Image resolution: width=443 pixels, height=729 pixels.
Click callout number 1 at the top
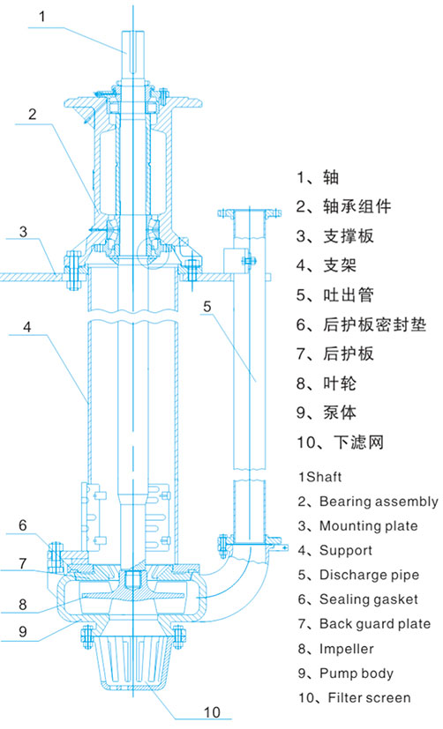[x=42, y=17]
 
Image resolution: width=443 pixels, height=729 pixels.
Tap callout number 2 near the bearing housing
[x=32, y=114]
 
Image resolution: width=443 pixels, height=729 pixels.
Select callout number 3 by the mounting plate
[x=23, y=232]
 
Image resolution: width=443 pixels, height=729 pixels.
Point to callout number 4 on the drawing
[x=27, y=327]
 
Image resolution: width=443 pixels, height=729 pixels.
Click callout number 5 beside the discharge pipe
[x=207, y=307]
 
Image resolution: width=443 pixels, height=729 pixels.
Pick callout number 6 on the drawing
[x=23, y=526]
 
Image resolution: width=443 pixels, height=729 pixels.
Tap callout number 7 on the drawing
[x=23, y=564]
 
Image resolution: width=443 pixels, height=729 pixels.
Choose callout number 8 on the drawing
[x=23, y=605]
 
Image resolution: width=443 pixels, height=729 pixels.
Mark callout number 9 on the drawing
[x=23, y=631]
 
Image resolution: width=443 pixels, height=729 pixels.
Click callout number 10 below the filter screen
[x=211, y=712]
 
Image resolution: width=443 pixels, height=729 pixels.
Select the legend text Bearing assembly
[x=379, y=502]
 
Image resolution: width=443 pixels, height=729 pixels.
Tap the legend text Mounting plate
[x=369, y=527]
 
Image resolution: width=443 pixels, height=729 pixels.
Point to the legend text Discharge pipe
[x=369, y=576]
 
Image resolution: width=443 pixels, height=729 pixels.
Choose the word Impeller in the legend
[x=346, y=649]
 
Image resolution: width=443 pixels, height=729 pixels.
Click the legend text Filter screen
[x=370, y=697]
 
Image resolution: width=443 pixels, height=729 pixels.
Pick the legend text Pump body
[x=357, y=673]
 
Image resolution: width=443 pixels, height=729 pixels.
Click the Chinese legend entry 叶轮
[x=340, y=383]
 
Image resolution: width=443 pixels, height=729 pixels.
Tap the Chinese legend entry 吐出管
[x=349, y=294]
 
